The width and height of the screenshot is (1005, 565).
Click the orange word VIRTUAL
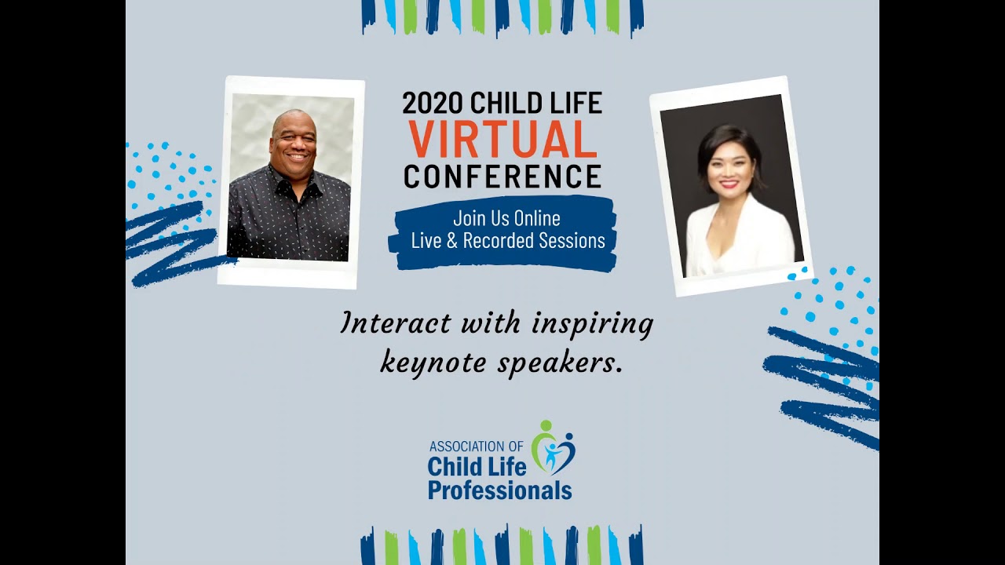[502, 140]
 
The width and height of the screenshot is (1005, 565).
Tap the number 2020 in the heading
[433, 104]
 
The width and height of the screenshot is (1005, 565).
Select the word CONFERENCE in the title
[502, 176]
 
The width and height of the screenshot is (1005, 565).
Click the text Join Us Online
[506, 218]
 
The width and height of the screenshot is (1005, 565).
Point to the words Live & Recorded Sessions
[508, 241]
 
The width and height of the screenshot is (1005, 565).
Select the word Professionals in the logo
[499, 491]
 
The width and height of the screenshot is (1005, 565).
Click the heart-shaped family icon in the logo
[554, 449]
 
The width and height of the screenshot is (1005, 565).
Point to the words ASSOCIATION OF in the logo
[476, 447]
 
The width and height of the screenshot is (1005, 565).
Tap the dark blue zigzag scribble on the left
[169, 243]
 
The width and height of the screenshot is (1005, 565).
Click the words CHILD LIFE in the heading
[535, 104]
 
